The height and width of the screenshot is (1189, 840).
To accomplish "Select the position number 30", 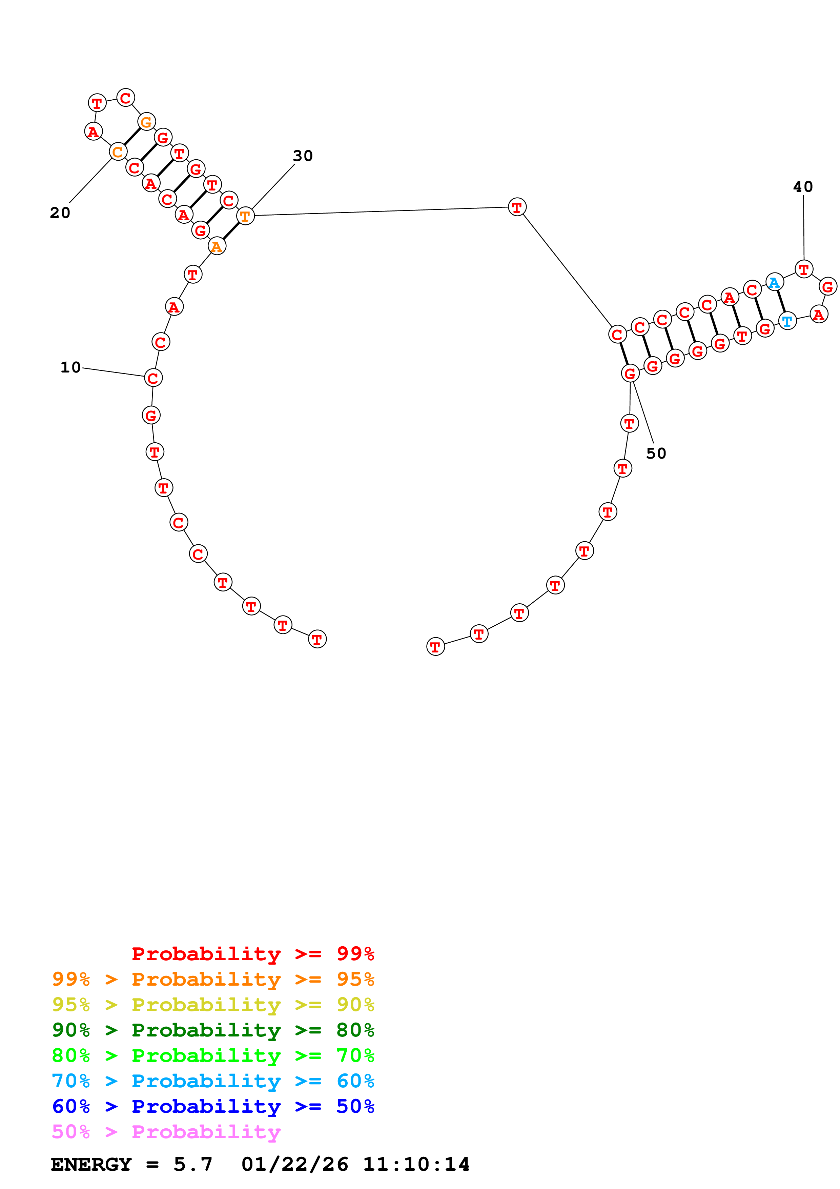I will tap(303, 156).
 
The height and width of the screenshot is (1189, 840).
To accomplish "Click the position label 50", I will tap(656, 453).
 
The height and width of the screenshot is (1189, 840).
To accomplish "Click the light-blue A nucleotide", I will tap(774, 283).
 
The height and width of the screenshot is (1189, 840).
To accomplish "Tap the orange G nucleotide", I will tap(146, 122).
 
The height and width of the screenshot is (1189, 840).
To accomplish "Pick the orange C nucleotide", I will tap(118, 152).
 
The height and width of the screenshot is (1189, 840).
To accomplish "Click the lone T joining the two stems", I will tap(516, 207).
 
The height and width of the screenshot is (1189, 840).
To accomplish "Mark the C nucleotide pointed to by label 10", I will tap(153, 378).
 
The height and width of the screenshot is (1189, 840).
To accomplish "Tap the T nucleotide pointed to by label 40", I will tap(803, 269).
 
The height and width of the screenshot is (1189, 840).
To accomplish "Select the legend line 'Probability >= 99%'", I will tap(252, 953).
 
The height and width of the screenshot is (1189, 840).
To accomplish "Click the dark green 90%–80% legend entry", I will tap(213, 1030).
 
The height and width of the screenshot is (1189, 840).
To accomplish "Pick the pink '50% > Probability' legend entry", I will tap(166, 1132).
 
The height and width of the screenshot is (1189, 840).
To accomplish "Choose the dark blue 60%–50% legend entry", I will tap(213, 1107).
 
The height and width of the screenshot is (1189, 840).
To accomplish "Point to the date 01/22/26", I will tap(294, 1165).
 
